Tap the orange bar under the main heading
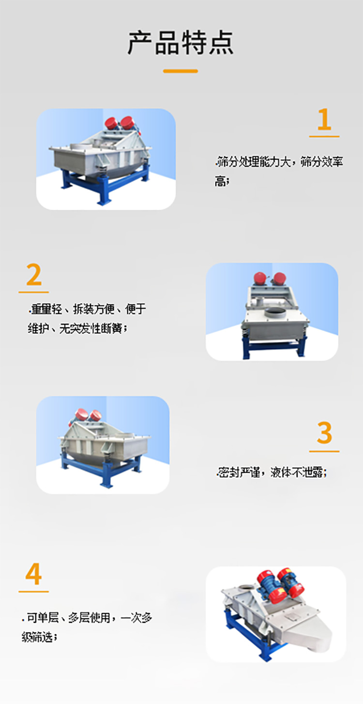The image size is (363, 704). [x=181, y=71]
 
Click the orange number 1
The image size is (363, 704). [x=324, y=120]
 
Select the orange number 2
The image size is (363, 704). [x=34, y=275]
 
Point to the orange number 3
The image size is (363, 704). [x=324, y=433]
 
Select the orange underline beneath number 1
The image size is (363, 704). [x=324, y=137]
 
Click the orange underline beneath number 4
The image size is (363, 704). [x=34, y=591]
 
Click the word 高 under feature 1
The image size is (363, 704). [x=220, y=182]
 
